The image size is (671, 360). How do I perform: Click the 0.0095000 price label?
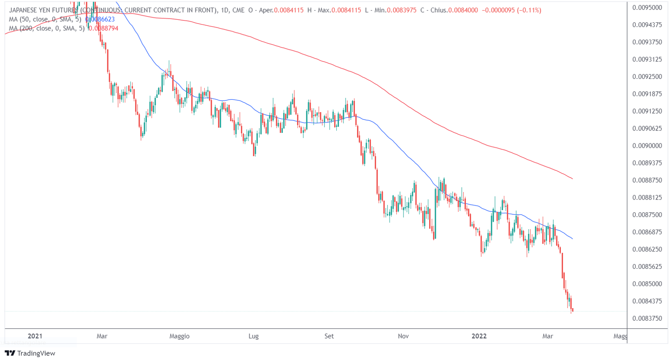647,8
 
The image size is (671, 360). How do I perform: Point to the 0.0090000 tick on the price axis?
647,146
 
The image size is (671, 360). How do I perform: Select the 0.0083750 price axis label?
647,318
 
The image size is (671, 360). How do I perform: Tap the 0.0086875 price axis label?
647,232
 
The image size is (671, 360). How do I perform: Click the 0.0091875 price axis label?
647,94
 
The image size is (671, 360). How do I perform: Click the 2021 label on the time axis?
35,336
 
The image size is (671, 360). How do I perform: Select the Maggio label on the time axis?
179,336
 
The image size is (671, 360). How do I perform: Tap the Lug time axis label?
253,336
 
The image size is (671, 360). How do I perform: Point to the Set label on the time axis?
329,336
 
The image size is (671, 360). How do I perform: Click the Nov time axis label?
403,336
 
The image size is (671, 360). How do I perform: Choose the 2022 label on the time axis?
479,336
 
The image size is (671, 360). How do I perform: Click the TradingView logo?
30,353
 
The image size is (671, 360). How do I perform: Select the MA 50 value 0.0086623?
100,19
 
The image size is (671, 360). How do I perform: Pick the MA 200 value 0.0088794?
103,28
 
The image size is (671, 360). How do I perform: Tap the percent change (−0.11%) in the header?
528,10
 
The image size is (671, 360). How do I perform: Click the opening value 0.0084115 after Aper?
289,10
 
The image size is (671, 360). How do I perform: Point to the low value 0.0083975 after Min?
401,10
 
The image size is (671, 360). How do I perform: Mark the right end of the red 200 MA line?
572,179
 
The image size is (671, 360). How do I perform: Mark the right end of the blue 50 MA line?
572,239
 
